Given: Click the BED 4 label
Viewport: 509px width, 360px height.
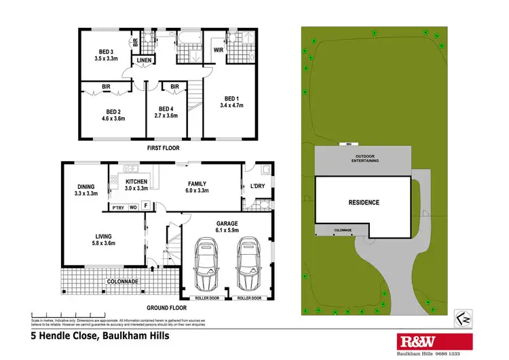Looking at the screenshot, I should [167, 109].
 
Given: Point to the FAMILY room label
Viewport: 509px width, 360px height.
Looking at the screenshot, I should [197, 183].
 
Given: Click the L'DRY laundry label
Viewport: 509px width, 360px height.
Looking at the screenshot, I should [259, 185].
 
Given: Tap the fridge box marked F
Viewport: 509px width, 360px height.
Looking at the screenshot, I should [146, 206].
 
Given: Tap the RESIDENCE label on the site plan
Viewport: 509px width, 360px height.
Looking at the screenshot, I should [364, 202].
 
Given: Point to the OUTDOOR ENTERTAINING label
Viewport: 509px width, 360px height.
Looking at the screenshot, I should [364, 158].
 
